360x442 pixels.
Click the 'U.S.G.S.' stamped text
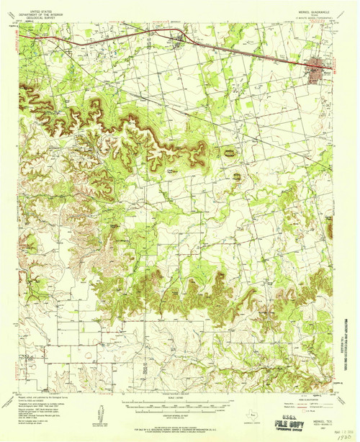point(294,416)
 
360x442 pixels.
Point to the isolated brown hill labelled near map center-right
point(230,152)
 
